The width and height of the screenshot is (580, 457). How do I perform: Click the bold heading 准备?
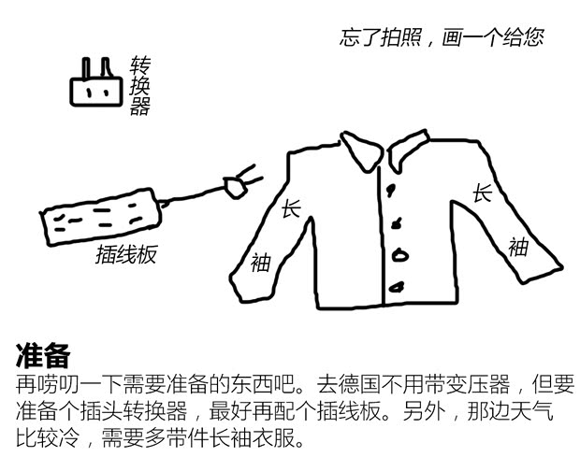(43, 355)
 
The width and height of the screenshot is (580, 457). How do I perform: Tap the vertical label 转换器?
(139, 86)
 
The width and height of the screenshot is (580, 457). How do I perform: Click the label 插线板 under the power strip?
(126, 254)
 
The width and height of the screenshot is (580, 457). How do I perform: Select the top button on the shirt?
(390, 190)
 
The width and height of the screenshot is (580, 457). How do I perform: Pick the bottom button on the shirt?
(398, 287)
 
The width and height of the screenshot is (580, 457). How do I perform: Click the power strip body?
(101, 217)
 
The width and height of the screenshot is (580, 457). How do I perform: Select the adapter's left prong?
(86, 68)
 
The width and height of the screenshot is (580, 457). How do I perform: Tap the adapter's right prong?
(106, 68)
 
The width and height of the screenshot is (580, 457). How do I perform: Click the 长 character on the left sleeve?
(291, 209)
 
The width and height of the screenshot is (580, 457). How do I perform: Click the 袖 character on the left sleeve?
(260, 263)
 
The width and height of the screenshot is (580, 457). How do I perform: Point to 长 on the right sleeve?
(483, 193)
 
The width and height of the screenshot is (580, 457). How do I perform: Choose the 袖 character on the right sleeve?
(518, 247)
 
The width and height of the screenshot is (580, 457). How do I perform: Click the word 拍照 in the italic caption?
(401, 37)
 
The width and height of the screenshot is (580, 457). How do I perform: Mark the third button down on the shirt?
(399, 255)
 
